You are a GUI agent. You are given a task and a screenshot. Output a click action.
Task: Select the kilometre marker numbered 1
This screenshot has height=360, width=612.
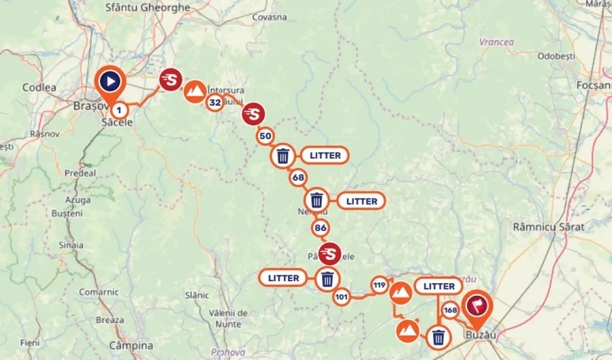(x=119, y=109)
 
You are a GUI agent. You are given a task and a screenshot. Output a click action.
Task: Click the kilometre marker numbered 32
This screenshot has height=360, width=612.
(x=215, y=102)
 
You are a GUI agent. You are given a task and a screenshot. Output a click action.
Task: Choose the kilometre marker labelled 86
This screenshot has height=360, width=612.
(x=320, y=227)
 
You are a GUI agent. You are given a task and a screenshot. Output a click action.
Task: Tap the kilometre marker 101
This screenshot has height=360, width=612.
(x=342, y=297)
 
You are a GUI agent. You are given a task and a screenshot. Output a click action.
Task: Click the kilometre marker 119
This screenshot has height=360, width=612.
(x=379, y=285)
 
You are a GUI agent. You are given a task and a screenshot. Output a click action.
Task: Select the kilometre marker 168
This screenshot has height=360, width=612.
(x=450, y=310)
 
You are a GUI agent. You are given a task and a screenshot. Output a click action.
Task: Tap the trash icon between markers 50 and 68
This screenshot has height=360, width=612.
(x=283, y=156)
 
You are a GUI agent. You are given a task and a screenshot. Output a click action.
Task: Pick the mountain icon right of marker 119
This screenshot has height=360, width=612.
(x=400, y=293)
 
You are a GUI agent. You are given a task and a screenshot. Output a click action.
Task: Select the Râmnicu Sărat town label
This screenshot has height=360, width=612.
(x=549, y=227)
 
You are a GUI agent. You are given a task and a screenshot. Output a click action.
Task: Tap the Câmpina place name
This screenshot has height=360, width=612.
(x=131, y=345)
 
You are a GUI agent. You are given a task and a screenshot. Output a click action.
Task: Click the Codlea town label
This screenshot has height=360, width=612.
(x=39, y=87)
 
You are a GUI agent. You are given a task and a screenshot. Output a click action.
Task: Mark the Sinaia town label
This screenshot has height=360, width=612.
(x=71, y=245)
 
